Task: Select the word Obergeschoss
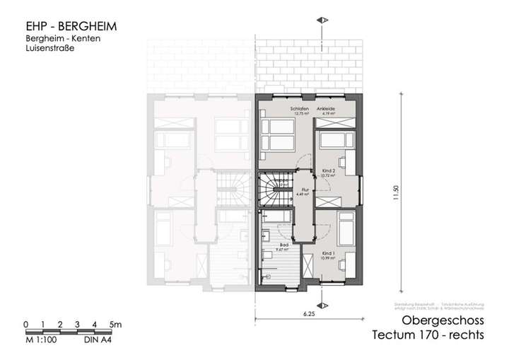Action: [x=443, y=321]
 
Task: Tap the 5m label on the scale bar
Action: [x=116, y=324]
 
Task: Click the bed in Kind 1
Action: [x=347, y=226]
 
